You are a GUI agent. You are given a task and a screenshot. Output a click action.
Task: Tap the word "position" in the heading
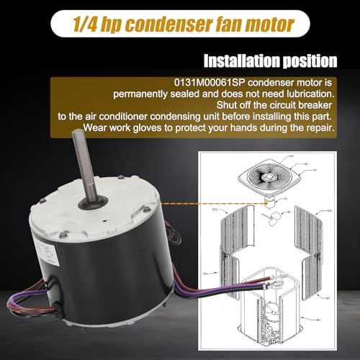(314, 60)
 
